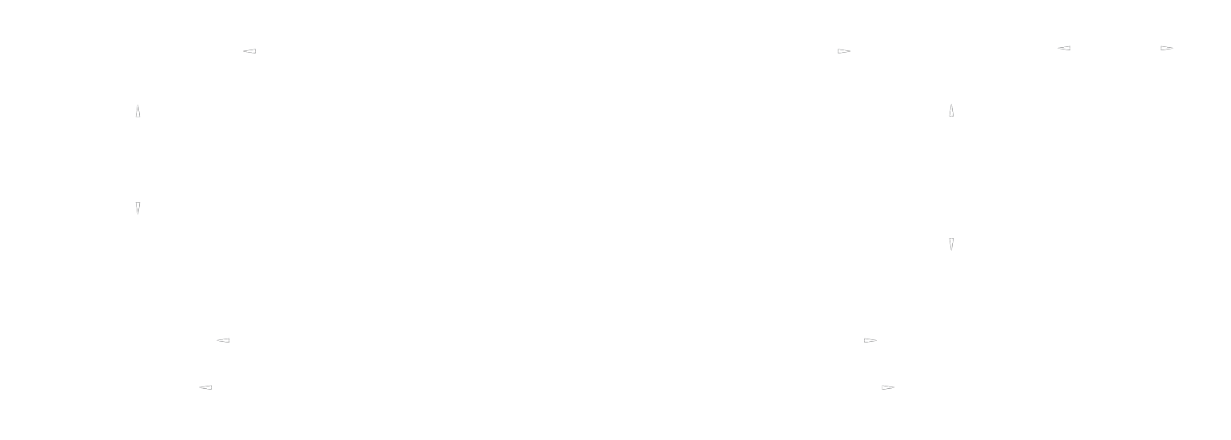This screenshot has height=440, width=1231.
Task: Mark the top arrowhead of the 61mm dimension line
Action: pos(951,107)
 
